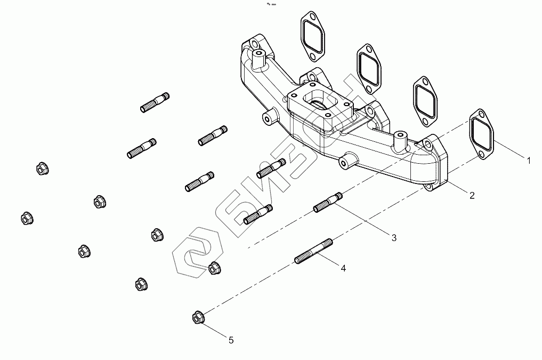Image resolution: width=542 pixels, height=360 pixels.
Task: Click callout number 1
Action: [x=528, y=159]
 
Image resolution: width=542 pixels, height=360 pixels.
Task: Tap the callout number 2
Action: [x=472, y=195]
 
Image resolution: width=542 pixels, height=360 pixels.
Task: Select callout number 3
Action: [x=394, y=238]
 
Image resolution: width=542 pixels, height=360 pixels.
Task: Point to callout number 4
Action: [x=343, y=268]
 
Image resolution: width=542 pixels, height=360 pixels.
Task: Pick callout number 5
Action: [x=231, y=339]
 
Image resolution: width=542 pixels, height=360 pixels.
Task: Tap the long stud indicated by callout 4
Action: [x=314, y=252]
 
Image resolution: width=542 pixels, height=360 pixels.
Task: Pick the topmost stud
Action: [x=156, y=102]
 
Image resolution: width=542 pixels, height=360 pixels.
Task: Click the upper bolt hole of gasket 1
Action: [x=481, y=115]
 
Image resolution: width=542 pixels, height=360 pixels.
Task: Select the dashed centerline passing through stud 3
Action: [x=277, y=229]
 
